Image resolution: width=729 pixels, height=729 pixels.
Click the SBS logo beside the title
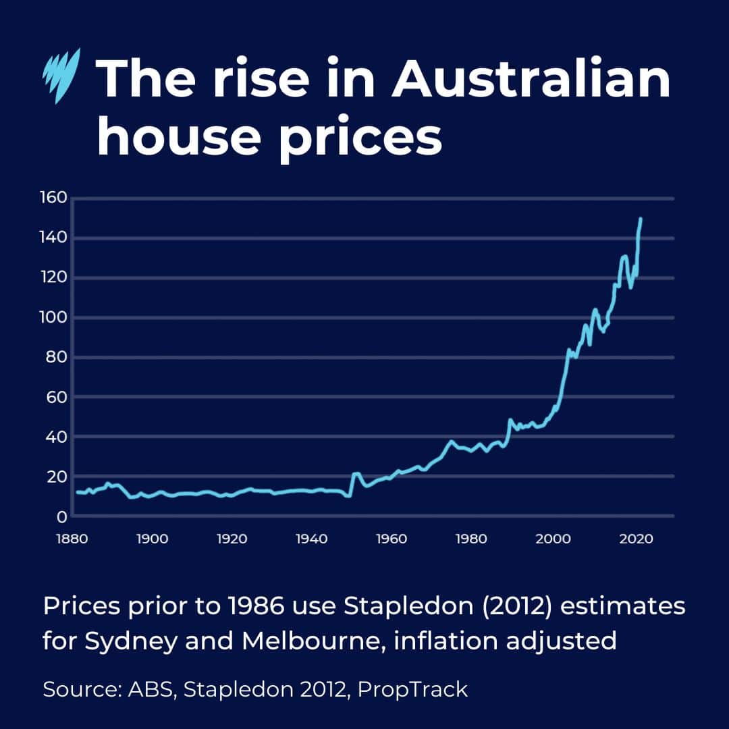(x=61, y=76)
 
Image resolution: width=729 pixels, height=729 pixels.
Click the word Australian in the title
(x=531, y=79)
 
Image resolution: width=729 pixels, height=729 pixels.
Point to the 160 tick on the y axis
(x=53, y=198)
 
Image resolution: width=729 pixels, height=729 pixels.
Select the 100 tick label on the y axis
(x=53, y=317)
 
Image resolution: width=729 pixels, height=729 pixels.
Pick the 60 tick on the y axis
(x=57, y=397)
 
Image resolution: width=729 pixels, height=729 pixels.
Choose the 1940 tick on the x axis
(x=312, y=539)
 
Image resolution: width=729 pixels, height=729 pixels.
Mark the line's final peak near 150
(x=640, y=219)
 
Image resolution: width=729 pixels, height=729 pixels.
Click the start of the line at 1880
(x=77, y=492)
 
